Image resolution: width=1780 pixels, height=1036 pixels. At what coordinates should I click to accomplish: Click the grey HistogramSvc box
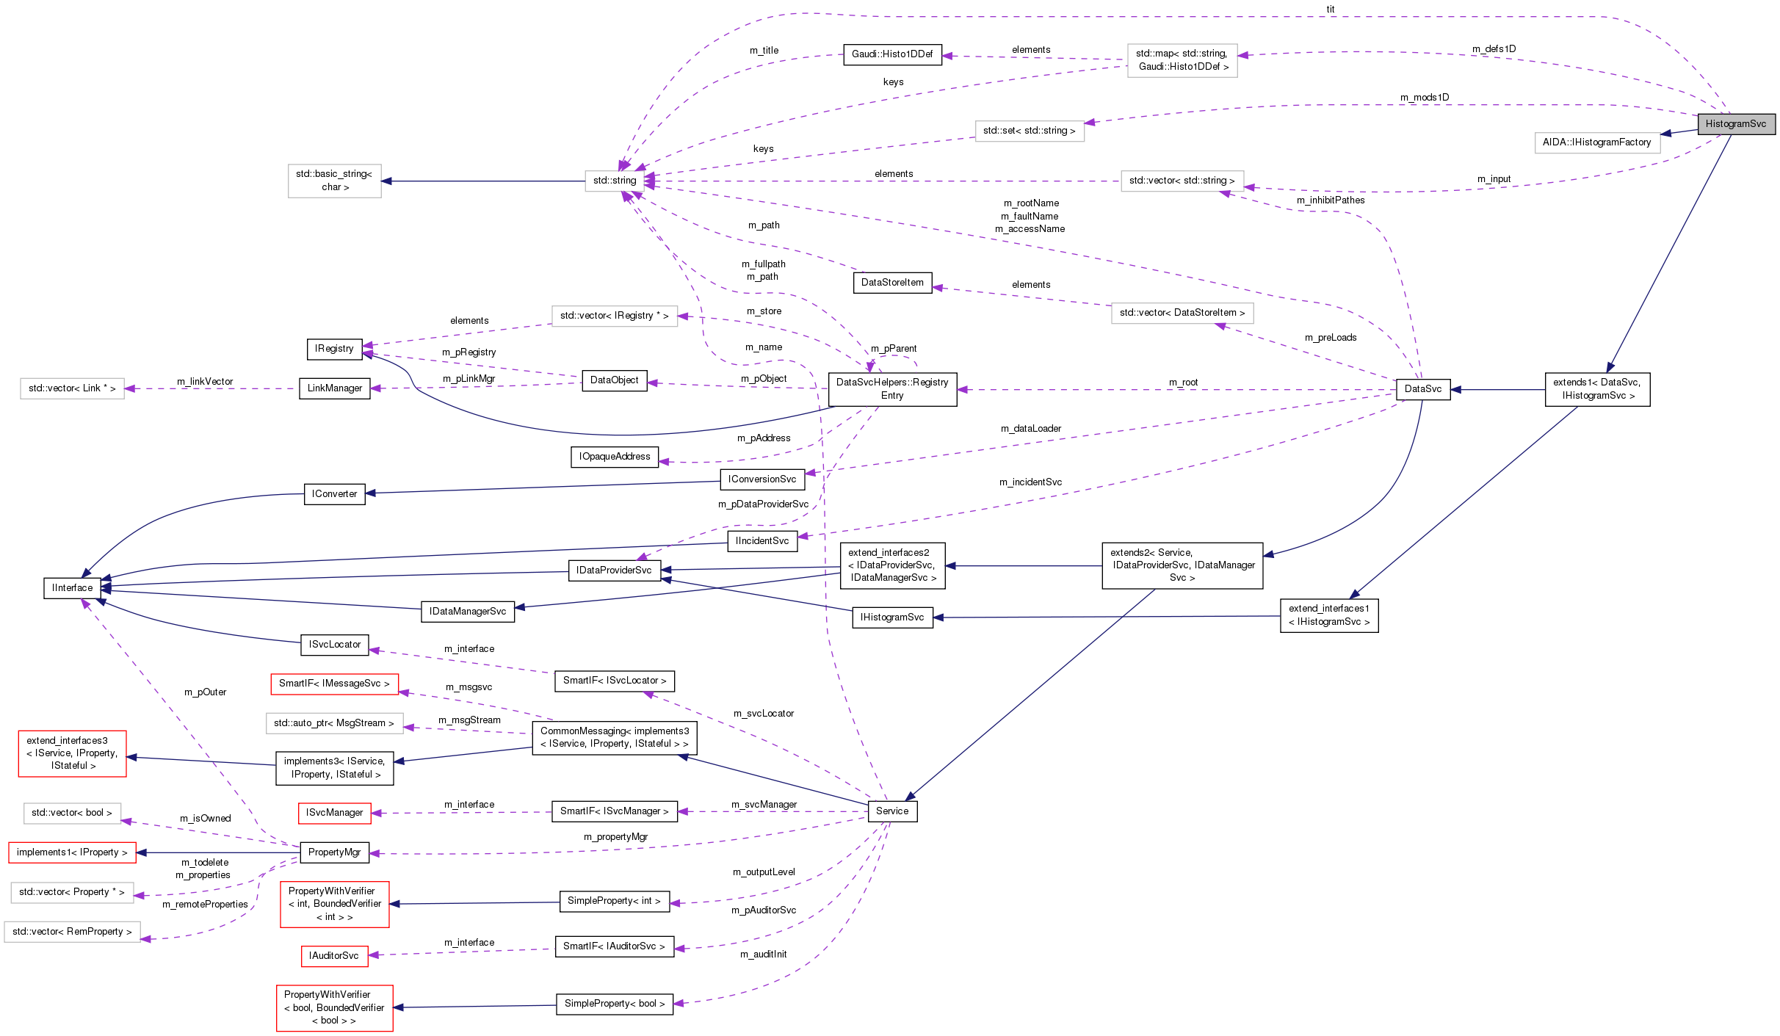[1735, 124]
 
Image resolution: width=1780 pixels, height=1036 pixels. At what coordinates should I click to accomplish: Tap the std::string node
[614, 181]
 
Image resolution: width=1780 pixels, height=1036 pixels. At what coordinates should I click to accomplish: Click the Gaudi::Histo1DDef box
[891, 54]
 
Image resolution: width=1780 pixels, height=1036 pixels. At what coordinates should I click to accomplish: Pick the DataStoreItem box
[891, 283]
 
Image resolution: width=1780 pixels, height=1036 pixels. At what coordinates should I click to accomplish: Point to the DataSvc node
[1422, 389]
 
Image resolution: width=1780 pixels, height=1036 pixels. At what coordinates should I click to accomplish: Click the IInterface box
[72, 588]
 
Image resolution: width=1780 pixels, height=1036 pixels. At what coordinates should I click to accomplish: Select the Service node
[891, 811]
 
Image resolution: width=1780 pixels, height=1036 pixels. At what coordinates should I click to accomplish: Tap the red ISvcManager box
[334, 813]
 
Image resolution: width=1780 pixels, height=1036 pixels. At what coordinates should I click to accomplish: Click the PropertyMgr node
[334, 852]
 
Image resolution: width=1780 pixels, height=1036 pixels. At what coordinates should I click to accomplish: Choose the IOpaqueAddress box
[614, 457]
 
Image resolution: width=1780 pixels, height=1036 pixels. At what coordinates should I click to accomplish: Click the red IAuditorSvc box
[333, 956]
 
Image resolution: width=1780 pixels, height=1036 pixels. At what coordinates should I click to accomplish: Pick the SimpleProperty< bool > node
[614, 1004]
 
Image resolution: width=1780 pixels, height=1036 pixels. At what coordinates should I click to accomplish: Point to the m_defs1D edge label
[1494, 49]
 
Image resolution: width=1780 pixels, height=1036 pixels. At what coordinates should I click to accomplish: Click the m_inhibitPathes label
[1330, 200]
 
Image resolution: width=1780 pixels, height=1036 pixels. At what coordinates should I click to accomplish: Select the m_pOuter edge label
[205, 692]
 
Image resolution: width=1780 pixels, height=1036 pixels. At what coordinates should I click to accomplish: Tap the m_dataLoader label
[1030, 429]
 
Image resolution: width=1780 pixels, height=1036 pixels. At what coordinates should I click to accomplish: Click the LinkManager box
[334, 388]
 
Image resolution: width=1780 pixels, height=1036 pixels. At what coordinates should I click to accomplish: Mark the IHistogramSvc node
[891, 617]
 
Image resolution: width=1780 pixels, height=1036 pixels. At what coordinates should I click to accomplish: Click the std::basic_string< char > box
[334, 181]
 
